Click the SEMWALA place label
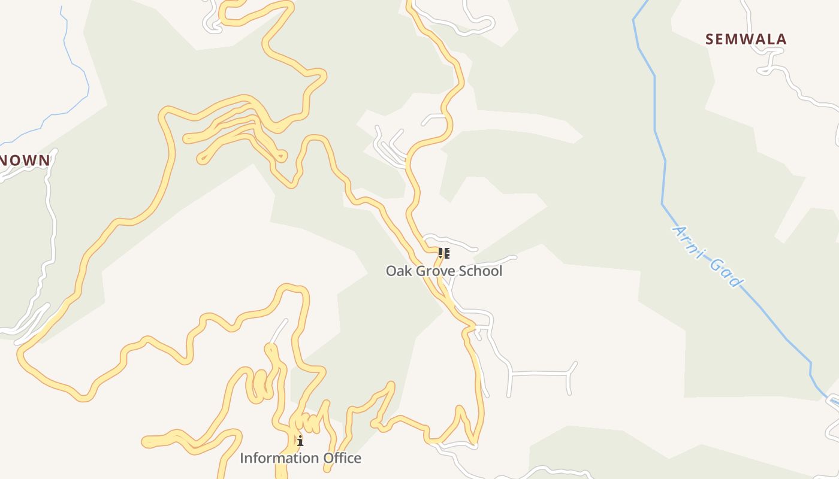pyautogui.click(x=746, y=40)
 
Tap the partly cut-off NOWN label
pyautogui.click(x=25, y=160)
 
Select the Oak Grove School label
pyautogui.click(x=443, y=271)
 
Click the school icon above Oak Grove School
pyautogui.click(x=443, y=253)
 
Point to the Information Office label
pyautogui.click(x=300, y=458)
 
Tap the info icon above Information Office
pyautogui.click(x=300, y=442)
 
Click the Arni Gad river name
pyautogui.click(x=708, y=256)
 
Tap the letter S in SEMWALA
pyautogui.click(x=710, y=40)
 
